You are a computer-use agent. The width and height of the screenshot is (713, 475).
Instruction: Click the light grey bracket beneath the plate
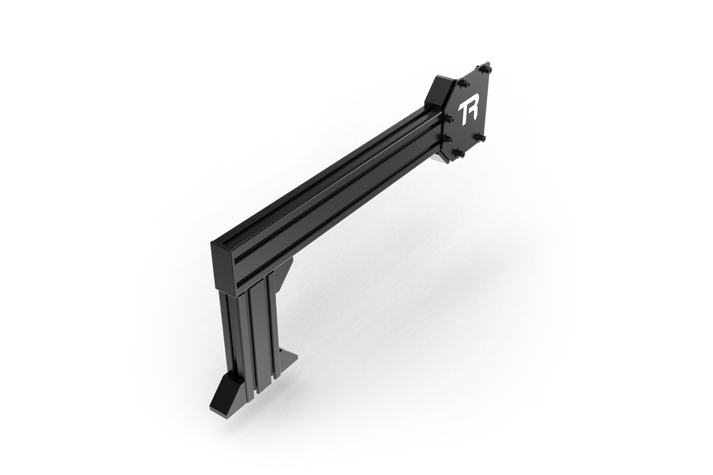click(x=441, y=158)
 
